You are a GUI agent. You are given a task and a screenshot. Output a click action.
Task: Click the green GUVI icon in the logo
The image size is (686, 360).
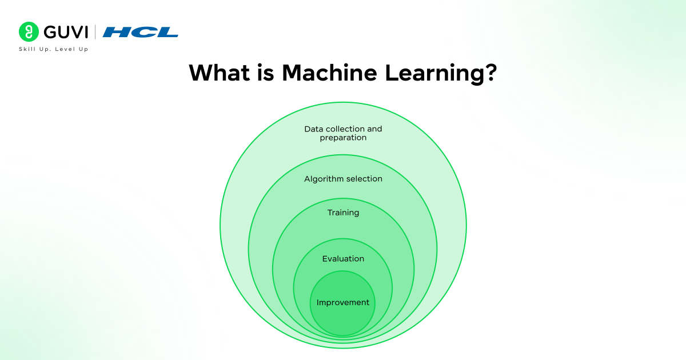pos(29,32)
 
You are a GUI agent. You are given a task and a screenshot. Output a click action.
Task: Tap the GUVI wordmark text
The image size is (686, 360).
pos(65,32)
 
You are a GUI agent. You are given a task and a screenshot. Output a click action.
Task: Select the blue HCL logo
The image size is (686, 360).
pos(141,32)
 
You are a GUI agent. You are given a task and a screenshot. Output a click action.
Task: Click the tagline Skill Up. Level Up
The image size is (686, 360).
pos(54,49)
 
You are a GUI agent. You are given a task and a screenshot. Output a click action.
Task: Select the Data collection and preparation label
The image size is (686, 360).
pos(343,133)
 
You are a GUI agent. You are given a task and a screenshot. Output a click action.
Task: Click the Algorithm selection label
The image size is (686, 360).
pos(343,179)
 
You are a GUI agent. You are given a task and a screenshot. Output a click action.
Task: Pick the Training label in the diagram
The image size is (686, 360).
pos(343,213)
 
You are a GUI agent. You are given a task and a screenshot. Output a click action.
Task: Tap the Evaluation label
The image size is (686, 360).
pos(343,259)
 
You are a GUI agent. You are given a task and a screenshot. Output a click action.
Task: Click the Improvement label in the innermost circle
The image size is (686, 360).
pos(343,302)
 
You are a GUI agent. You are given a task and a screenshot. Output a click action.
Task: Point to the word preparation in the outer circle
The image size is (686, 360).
pos(343,138)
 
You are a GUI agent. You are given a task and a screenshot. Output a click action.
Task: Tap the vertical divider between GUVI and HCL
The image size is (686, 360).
pos(95,32)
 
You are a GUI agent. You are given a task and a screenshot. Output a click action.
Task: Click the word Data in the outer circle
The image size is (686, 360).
pos(313,129)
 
